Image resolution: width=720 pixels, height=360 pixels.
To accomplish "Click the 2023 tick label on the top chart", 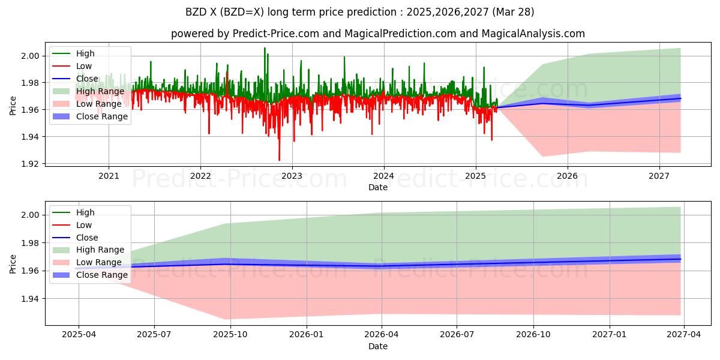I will coord(292,176).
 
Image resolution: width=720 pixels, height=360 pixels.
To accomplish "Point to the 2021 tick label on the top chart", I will coord(109,176).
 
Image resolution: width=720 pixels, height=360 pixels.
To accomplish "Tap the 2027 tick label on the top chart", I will coord(659,176).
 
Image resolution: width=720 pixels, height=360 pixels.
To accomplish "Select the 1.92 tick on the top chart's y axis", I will coord(31,164).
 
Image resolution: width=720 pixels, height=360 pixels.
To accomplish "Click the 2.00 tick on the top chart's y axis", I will coord(31,56).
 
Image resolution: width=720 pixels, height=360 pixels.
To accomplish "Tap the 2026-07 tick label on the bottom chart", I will coord(457,335).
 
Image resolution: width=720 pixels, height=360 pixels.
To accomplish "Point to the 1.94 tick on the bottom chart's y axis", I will coord(31,299).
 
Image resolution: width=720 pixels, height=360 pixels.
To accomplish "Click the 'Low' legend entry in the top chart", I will coord(84,66).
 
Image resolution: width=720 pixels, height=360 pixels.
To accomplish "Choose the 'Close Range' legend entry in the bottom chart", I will coord(102,275).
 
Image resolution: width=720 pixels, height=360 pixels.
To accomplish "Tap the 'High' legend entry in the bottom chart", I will coord(85,212).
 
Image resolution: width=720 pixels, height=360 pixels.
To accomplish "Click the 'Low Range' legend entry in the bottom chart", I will coord(100,262).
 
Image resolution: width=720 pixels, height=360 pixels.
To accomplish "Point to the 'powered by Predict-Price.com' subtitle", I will coord(377,34).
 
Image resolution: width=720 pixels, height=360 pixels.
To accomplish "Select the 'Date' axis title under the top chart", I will coord(377,187).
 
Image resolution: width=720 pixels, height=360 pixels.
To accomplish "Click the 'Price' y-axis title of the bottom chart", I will coord(13,263).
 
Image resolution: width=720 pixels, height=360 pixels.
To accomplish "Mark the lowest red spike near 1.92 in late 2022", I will coord(279,160).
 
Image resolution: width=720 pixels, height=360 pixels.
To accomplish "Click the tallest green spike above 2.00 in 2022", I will coord(265,48).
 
